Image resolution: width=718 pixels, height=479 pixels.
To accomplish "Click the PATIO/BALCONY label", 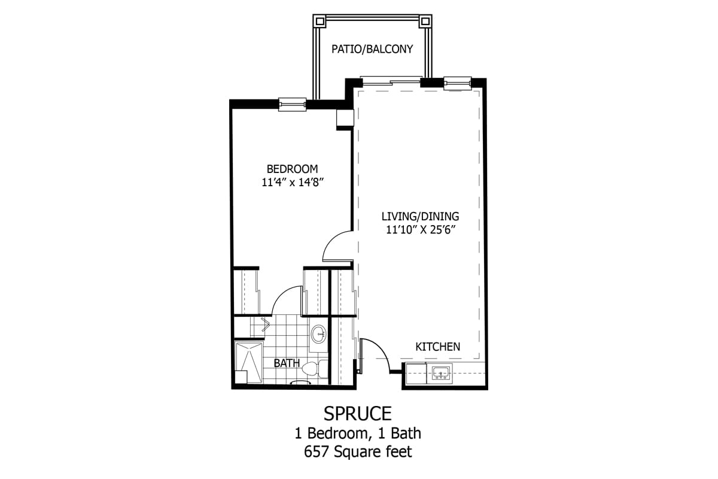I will (x=372, y=49).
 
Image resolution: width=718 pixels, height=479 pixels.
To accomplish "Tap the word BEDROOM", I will (x=292, y=169).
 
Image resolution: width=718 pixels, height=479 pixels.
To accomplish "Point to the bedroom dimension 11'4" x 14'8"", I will (x=292, y=183).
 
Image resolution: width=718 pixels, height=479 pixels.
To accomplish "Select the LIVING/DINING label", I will (x=420, y=216).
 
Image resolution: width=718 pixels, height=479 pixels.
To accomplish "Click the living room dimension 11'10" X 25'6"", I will (x=420, y=231).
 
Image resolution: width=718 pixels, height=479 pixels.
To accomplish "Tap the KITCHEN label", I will (x=438, y=347).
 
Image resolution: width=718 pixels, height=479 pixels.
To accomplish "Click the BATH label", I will (x=287, y=363).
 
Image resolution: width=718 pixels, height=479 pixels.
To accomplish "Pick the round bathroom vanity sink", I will (x=319, y=334).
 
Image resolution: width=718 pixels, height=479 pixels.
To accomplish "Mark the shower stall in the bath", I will (x=248, y=362).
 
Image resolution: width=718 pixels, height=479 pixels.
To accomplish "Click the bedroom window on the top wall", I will (x=293, y=104).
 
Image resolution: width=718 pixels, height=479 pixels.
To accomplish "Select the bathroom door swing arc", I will (x=287, y=300).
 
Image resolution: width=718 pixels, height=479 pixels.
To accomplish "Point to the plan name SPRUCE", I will (x=358, y=413).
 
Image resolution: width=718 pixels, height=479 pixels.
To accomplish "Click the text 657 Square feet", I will (x=358, y=452).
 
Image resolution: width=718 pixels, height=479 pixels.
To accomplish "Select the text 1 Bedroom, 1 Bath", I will (x=358, y=433).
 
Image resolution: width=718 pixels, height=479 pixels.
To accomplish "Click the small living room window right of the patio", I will (x=458, y=81).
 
